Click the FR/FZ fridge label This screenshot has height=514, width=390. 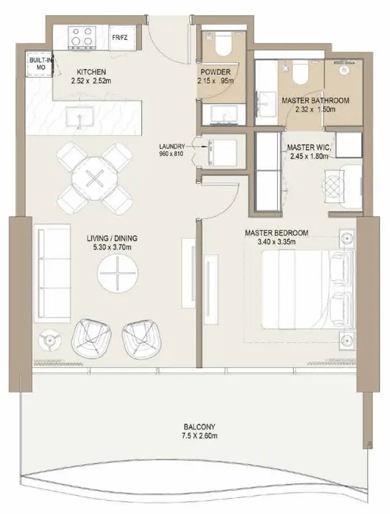point(119,37)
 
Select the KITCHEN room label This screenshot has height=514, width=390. point(91,72)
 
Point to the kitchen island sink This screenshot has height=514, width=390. point(80,117)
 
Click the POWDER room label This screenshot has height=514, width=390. point(216,72)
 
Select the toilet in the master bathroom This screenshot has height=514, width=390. point(301,72)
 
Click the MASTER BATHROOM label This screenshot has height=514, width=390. point(315,100)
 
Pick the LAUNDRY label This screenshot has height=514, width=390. point(172,147)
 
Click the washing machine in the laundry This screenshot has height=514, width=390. point(222,153)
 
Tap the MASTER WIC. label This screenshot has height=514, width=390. point(309,147)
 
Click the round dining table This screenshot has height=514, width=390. point(95,179)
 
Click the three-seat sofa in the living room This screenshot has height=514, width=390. point(52,271)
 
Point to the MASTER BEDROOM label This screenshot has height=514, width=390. point(277,233)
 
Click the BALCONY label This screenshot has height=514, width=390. point(199,427)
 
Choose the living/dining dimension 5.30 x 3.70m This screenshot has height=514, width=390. point(112,247)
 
